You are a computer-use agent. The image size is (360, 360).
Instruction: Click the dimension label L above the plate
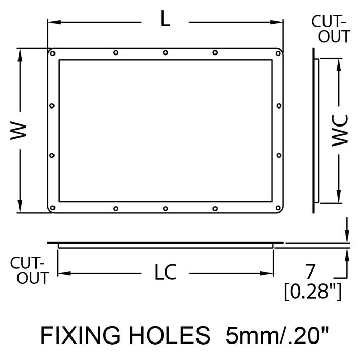click(165, 19)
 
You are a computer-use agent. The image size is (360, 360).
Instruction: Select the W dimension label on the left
click(19, 131)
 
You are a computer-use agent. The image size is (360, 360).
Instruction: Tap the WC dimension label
click(340, 131)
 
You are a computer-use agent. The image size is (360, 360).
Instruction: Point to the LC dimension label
click(166, 272)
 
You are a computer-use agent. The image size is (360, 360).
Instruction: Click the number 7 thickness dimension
click(310, 272)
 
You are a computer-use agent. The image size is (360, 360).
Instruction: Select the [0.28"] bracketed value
click(313, 292)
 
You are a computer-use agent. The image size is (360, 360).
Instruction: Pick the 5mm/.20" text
click(277, 335)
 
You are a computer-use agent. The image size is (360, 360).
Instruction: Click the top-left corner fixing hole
click(52, 53)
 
